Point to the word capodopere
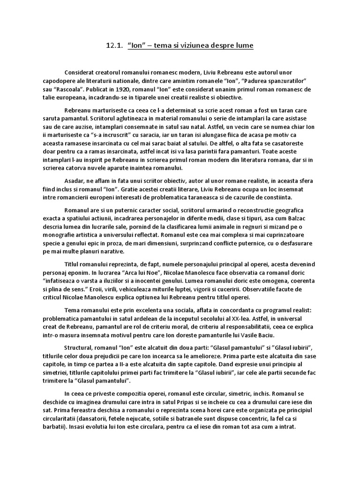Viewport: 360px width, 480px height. pyautogui.click(x=57, y=81)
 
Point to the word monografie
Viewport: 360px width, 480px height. pyautogui.click(x=60, y=235)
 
